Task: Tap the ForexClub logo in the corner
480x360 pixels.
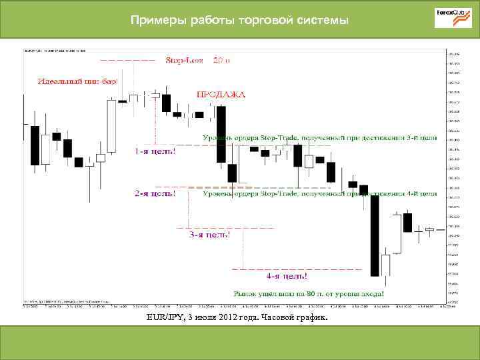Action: tap(453, 18)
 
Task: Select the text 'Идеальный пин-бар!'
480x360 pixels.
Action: tap(77, 81)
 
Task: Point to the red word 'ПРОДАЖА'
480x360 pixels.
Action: tap(220, 95)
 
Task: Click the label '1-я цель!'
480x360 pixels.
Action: tap(155, 151)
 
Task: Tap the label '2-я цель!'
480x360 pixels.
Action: tap(155, 194)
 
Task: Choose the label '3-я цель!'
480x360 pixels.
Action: tap(210, 234)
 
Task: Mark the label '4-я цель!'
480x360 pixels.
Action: tap(287, 275)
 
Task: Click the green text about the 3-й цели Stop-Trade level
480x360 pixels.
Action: tap(319, 138)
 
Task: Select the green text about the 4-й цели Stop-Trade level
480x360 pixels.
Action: tap(319, 194)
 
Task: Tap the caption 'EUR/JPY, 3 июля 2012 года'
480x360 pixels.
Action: tap(200, 318)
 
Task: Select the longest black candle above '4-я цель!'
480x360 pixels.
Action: tap(375, 235)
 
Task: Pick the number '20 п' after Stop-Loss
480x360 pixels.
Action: tap(221, 61)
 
